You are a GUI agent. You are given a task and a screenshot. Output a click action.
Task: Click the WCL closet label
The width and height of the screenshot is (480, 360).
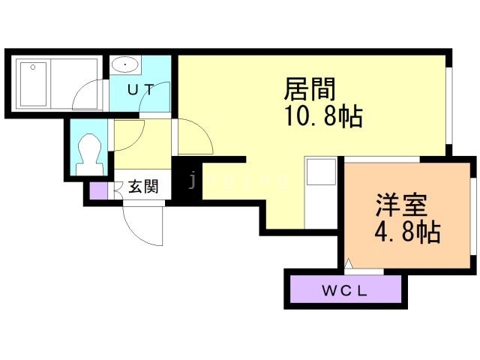pyautogui.click(x=344, y=292)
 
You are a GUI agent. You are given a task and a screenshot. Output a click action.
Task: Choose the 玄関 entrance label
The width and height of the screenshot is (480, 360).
pyautogui.click(x=142, y=187)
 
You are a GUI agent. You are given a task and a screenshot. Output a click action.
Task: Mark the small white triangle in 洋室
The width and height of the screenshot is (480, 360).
pyautogui.click(x=348, y=264)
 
